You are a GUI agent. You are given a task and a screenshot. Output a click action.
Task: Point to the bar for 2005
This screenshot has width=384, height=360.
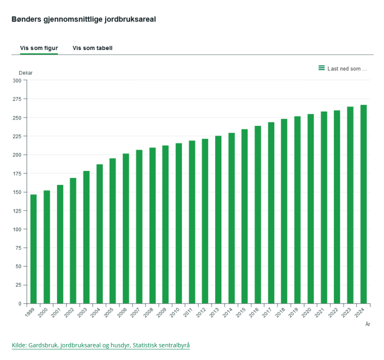coord(113,230)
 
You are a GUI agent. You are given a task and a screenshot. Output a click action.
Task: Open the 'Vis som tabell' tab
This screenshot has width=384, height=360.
coord(93,48)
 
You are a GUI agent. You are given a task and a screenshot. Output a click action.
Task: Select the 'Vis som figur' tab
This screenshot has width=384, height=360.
coord(39,48)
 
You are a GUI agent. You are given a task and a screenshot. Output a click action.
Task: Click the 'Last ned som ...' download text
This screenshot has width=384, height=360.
coord(347,68)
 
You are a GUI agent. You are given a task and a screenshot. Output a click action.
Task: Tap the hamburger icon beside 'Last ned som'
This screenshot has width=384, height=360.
coord(321,68)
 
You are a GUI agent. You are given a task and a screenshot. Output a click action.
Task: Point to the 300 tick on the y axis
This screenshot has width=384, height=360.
coord(17,80)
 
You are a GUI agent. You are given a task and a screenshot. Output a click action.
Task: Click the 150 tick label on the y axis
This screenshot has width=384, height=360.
coord(17,192)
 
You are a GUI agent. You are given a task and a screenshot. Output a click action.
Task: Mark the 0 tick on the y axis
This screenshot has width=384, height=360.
coord(19,303)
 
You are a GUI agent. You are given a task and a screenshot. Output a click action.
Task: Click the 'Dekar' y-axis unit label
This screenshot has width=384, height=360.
coord(26,73)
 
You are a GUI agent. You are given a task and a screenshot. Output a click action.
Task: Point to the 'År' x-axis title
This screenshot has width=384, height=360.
coord(367,324)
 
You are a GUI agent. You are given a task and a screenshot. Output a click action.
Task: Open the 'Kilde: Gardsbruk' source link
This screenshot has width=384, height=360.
coord(101,345)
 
